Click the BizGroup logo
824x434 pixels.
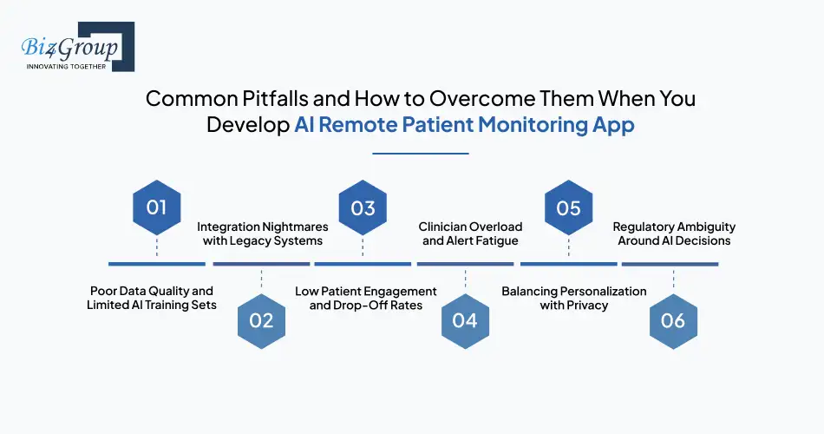76,46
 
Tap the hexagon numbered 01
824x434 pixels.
156,207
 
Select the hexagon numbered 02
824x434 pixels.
261,320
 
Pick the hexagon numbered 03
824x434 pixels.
363,207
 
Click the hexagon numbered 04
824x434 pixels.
465,320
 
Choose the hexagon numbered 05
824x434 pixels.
568,207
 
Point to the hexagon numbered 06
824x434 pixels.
673,320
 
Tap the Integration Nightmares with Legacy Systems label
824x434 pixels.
263,233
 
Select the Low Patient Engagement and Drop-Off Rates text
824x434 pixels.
365,298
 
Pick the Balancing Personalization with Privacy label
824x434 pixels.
574,298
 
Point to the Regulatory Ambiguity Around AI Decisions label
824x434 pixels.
674,233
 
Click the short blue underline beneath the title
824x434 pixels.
420,153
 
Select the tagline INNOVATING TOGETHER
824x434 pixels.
66,66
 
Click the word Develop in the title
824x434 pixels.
246,124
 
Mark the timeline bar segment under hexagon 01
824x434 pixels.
156,263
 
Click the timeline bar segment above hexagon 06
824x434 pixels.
670,263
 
